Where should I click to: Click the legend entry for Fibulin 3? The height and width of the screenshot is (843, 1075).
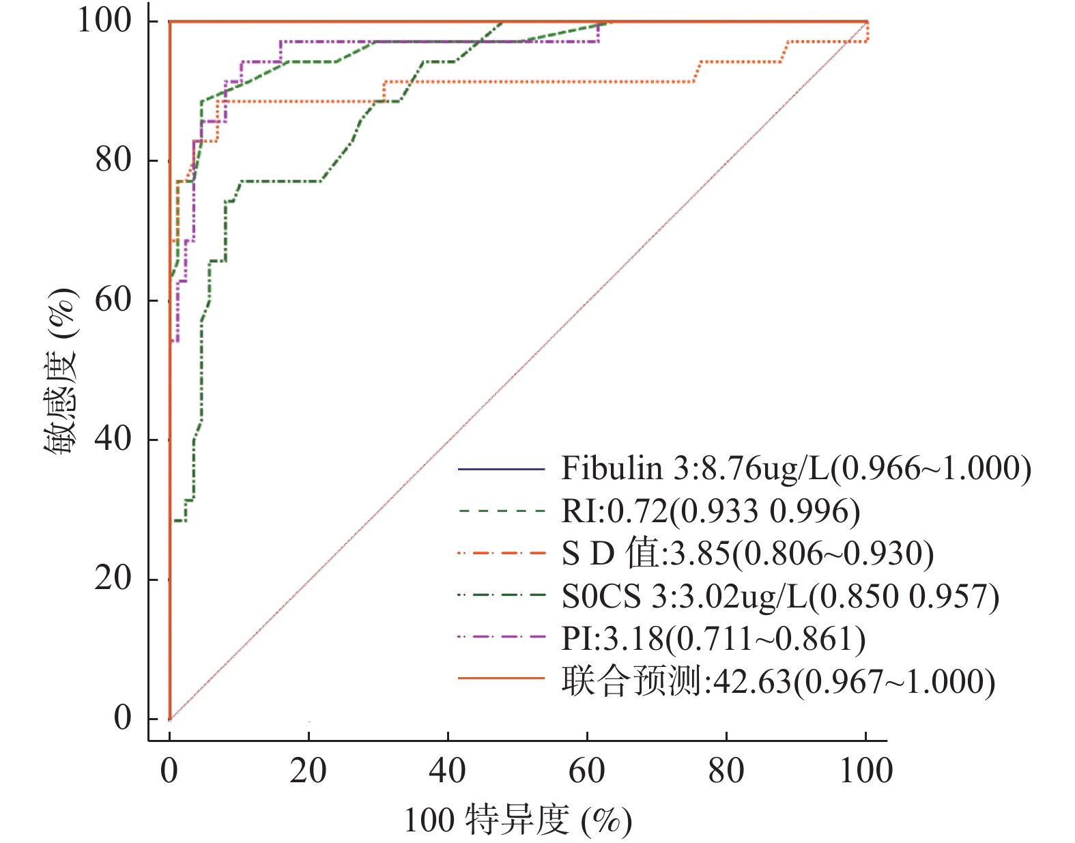pos(796,469)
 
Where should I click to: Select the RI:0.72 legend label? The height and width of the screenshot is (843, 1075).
pos(710,511)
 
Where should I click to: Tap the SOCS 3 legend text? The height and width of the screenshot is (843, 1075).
pos(780,597)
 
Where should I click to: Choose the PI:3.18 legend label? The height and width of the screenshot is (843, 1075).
pos(713,639)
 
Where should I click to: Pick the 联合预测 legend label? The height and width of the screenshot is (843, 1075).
pos(778,681)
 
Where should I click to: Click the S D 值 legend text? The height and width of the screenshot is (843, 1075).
pos(747,554)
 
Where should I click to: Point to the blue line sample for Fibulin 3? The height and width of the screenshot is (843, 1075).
pos(501,470)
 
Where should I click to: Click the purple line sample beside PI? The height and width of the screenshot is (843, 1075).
pos(501,637)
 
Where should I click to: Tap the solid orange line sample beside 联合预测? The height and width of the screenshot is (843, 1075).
pos(501,679)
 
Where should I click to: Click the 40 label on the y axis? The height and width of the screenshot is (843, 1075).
pos(113,438)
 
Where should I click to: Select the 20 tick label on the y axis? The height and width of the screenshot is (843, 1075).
pos(113,578)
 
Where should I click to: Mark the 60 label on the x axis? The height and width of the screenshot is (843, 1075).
pos(587,771)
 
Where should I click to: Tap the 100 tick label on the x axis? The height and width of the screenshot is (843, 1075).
pos(865,771)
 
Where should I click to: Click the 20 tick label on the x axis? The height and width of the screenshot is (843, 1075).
pos(308,771)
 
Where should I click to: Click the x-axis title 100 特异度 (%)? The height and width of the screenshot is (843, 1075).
pos(517,820)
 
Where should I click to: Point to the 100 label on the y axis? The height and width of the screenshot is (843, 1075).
pos(104,20)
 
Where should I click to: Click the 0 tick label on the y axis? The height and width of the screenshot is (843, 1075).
pos(123,718)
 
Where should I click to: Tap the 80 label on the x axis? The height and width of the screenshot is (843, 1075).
pos(726,771)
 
